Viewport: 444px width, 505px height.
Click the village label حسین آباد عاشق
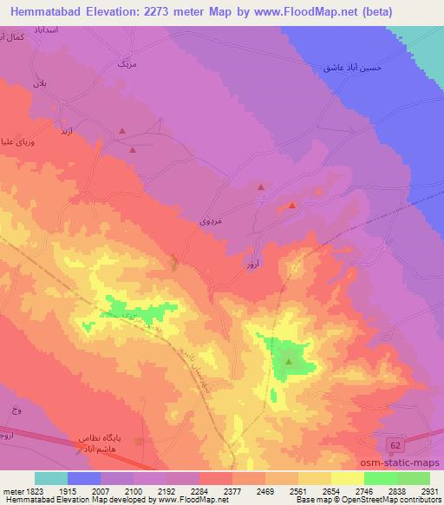pos(352,67)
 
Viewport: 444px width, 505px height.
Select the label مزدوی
pos(211,221)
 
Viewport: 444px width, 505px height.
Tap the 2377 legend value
pos(231,491)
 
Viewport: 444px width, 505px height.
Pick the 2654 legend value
pos(330,491)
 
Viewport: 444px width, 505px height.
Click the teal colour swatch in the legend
pos(51,478)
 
